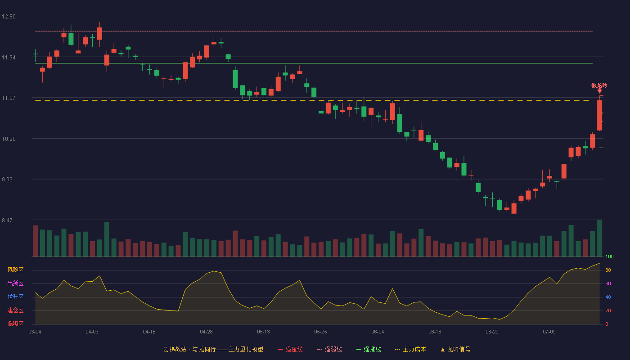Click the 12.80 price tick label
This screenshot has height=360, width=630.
[x=9, y=17]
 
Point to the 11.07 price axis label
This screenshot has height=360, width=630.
[x=9, y=98]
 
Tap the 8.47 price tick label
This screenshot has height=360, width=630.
[x=7, y=220]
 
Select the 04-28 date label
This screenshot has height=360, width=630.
[x=206, y=332]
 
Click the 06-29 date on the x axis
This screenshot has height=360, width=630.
[x=492, y=332]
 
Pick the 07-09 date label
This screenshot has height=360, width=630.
[x=549, y=332]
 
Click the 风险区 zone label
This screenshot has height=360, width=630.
[x=15, y=270]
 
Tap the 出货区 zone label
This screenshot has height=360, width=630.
[x=15, y=283]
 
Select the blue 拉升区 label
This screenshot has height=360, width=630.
[x=15, y=297]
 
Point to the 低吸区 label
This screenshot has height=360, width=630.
[x=15, y=324]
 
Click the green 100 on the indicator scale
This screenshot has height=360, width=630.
[x=609, y=256]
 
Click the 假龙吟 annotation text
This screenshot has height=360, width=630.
[x=599, y=85]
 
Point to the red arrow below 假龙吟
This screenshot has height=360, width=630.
[x=599, y=90]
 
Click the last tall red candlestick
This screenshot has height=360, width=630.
[x=599, y=115]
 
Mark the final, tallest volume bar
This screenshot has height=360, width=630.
[x=599, y=238]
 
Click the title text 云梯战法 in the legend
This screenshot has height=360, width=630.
[x=175, y=349]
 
